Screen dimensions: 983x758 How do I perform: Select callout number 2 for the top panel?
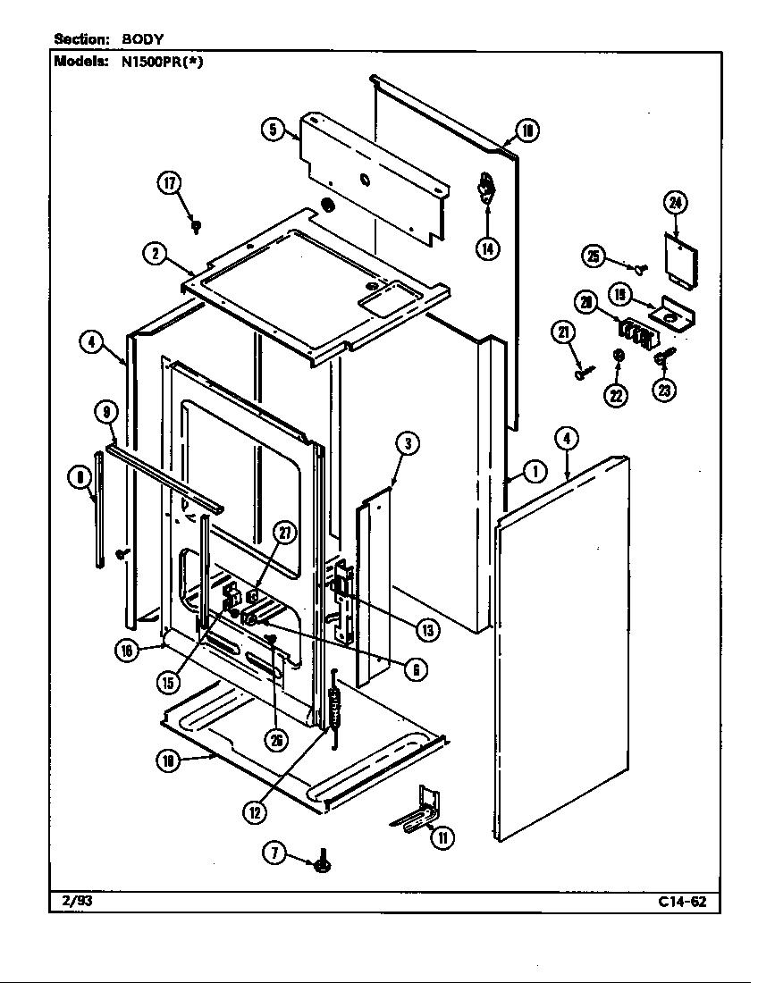[x=155, y=254]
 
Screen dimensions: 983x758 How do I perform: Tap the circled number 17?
[x=170, y=184]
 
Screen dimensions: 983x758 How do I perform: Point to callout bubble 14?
[x=487, y=248]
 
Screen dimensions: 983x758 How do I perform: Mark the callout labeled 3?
[x=407, y=442]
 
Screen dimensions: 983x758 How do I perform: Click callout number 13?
[x=428, y=629]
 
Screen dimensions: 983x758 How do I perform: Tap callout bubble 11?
[x=442, y=837]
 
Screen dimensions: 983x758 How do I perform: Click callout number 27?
[x=285, y=534]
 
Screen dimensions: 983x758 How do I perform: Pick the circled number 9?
[x=106, y=412]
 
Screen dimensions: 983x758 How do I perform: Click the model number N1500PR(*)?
[x=162, y=62]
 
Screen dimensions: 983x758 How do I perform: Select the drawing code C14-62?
[x=682, y=902]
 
